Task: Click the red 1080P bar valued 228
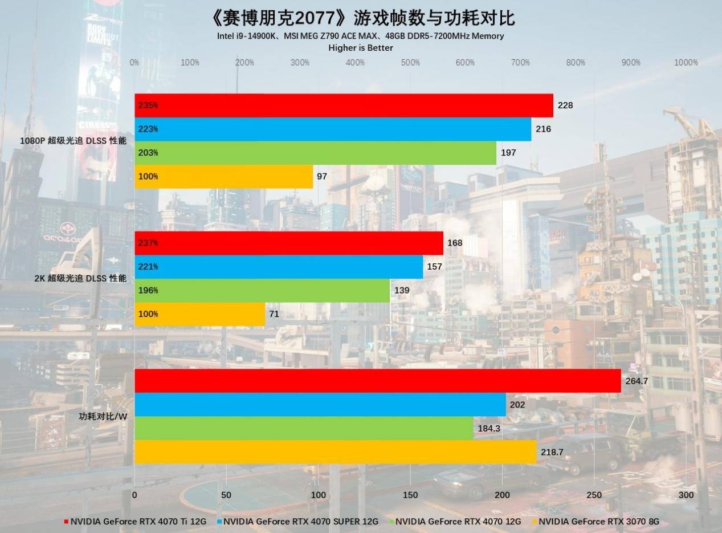(x=344, y=105)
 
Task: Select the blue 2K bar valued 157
(x=279, y=267)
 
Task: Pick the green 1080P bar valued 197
(x=315, y=153)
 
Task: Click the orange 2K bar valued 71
(x=199, y=314)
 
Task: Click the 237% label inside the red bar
(x=148, y=243)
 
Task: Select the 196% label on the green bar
(x=148, y=291)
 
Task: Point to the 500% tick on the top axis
(x=410, y=63)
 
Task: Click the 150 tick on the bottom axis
(x=410, y=495)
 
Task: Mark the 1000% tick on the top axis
(x=686, y=63)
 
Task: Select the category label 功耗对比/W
(x=103, y=416)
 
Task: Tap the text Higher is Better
(x=361, y=48)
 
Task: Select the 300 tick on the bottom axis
(x=686, y=495)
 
